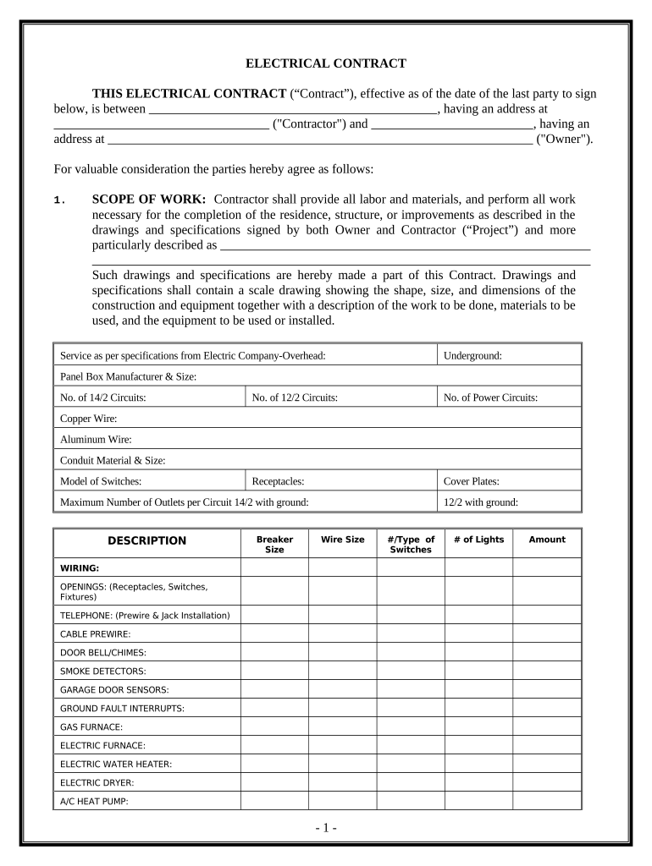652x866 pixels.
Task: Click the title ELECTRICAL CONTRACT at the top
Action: click(326, 63)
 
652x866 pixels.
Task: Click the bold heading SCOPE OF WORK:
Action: click(149, 200)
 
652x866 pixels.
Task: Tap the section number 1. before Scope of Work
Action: click(58, 200)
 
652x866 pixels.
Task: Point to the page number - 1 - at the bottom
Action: click(326, 828)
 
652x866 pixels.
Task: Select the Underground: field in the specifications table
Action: click(472, 356)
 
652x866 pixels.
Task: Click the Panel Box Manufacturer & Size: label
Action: click(128, 376)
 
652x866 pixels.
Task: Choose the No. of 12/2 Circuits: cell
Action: click(295, 397)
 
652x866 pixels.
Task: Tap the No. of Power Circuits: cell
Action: click(490, 397)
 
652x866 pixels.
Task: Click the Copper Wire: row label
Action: click(88, 419)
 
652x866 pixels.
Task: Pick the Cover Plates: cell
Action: click(471, 481)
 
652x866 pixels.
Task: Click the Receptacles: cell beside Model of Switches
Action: click(278, 481)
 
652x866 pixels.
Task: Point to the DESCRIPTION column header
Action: click(146, 540)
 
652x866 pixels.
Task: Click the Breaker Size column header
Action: click(274, 544)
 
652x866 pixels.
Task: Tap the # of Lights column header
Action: click(478, 540)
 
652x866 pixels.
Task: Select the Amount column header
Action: click(547, 540)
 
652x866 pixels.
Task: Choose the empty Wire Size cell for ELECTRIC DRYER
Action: click(342, 782)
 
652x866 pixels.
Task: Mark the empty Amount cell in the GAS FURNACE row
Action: click(547, 726)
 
